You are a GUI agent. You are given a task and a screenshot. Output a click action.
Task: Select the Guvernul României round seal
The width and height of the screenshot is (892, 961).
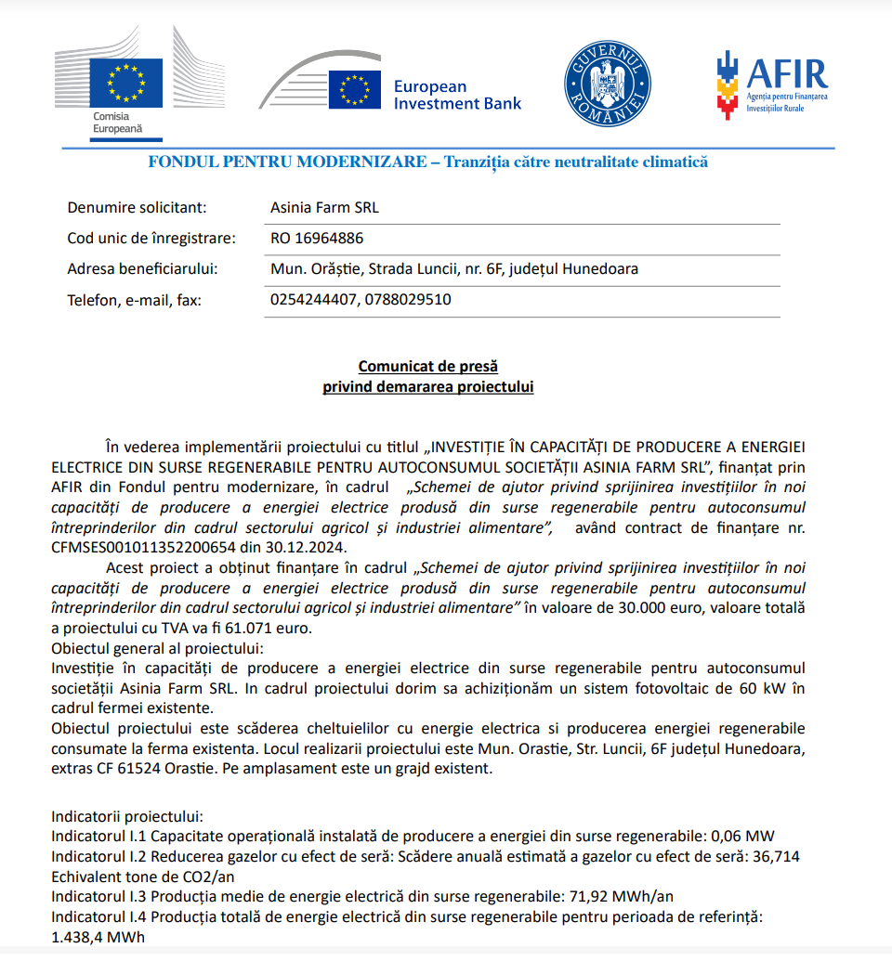tap(608, 84)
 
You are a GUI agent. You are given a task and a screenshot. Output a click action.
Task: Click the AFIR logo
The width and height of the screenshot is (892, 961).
tap(771, 84)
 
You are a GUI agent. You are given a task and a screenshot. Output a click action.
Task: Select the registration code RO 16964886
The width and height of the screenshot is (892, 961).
tap(317, 239)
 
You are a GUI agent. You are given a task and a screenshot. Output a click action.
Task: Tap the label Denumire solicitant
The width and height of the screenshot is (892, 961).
tap(137, 208)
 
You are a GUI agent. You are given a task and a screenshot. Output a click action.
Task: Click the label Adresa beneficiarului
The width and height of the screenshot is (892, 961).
tap(142, 269)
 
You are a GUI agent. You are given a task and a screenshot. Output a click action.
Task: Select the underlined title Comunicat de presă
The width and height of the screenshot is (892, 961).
tap(428, 367)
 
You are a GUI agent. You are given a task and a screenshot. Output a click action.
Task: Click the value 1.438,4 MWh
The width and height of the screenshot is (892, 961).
tap(98, 938)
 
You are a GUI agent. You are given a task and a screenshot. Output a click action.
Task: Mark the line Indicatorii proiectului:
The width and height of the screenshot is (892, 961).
tap(125, 816)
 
